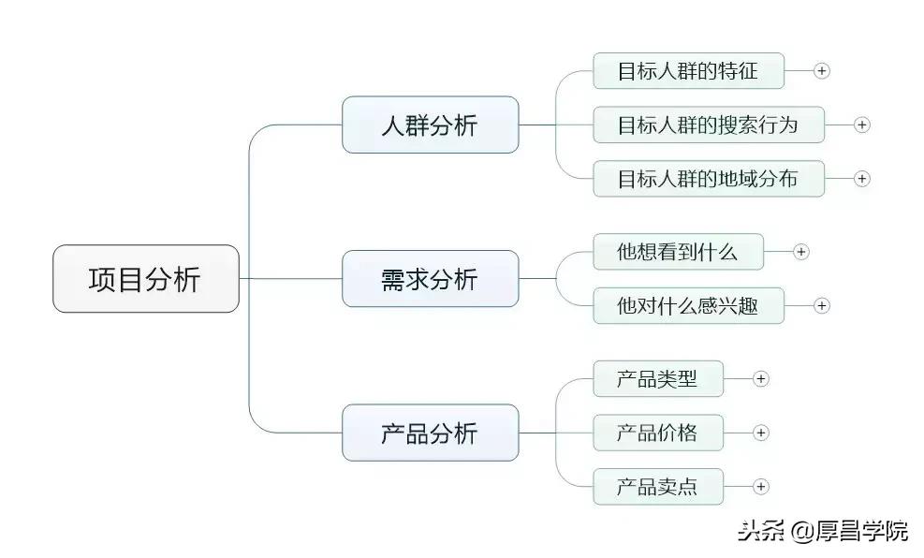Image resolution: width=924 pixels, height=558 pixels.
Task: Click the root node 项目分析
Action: point(145,279)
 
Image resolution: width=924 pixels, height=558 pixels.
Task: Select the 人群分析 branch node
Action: point(430,125)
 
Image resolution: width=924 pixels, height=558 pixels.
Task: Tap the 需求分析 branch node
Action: point(430,279)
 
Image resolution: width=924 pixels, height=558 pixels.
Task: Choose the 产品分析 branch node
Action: point(430,433)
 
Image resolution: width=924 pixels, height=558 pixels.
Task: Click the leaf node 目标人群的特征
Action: point(688,71)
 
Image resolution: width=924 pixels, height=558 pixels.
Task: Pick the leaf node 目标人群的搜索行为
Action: point(709,125)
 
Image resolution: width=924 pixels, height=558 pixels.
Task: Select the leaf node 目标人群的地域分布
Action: point(709,179)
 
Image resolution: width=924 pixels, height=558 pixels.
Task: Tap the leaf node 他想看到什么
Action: point(678,252)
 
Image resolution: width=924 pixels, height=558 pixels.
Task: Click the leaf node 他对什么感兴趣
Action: point(688,305)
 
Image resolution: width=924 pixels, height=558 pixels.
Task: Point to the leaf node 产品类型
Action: point(657,378)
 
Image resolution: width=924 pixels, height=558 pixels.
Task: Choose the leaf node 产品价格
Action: point(657,433)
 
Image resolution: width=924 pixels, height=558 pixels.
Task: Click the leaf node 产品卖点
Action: point(657,487)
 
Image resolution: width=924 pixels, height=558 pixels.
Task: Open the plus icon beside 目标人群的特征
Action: point(822,71)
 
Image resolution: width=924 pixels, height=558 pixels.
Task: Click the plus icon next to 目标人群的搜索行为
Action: point(862,125)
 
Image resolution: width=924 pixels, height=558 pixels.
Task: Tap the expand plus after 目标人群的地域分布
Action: point(862,179)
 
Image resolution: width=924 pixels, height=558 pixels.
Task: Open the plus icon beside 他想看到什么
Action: point(801,252)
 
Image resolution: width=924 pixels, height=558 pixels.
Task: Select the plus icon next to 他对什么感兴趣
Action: point(822,305)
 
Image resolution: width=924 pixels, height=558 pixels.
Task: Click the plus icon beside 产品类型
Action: point(761,378)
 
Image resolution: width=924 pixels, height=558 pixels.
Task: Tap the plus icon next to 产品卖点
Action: point(761,487)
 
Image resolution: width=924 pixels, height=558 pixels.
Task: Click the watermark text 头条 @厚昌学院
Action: point(822,531)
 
